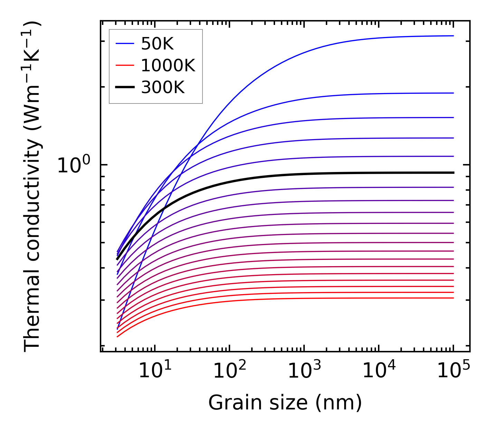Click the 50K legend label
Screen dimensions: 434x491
(x=157, y=44)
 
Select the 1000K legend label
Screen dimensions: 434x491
(x=168, y=65)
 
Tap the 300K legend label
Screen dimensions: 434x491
(x=163, y=88)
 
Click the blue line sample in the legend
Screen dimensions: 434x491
(x=124, y=44)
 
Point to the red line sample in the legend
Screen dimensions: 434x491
(x=124, y=65)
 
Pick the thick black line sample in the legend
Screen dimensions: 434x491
(x=124, y=87)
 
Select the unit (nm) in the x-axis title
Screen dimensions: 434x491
(x=338, y=403)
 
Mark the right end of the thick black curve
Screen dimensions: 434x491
(x=453, y=173)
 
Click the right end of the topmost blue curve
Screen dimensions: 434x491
(x=453, y=36)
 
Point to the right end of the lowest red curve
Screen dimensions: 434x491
(x=453, y=298)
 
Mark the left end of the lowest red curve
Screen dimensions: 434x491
(x=117, y=336)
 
